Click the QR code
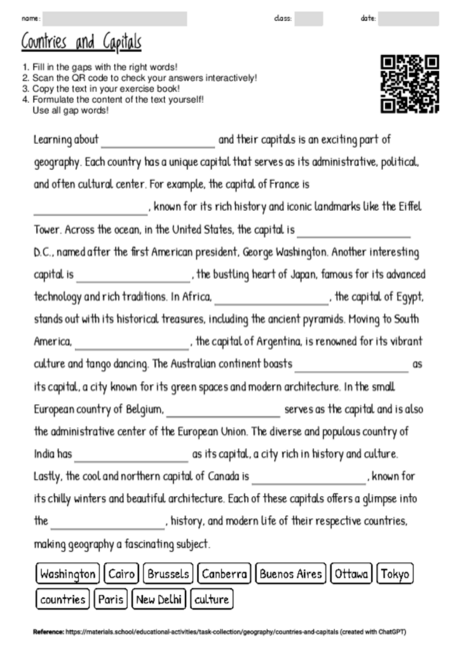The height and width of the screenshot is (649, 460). [410, 84]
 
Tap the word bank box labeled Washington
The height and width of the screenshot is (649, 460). [67, 574]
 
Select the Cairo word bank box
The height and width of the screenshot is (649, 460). [121, 574]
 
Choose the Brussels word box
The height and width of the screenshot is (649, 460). [167, 574]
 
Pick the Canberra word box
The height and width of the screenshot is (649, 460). [224, 574]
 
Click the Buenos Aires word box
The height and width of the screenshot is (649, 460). [291, 574]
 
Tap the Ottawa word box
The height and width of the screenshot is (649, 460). [351, 574]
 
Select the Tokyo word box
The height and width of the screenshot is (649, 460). [396, 574]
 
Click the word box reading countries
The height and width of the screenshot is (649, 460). [62, 600]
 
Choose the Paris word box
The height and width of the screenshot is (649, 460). [111, 600]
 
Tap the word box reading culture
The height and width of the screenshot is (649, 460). [212, 600]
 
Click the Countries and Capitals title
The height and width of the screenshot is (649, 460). [81, 42]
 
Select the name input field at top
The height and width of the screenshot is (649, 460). [115, 19]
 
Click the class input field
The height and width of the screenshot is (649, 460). [309, 19]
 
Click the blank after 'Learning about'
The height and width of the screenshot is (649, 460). [157, 141]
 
